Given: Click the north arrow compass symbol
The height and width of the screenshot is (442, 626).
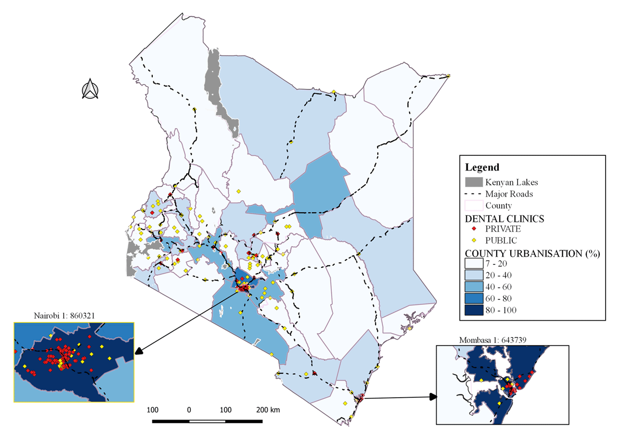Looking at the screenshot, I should tap(90, 89).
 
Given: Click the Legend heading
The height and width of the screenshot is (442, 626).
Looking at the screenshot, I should tap(482, 167).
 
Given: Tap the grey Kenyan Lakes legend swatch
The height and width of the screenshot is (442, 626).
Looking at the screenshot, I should tap(474, 182).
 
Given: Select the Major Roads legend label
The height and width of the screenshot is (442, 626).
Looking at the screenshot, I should tap(509, 194).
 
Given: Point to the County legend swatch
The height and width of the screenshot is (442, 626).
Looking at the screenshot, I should tap(474, 205).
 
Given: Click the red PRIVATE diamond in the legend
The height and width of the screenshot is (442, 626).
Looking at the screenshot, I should tap(474, 229).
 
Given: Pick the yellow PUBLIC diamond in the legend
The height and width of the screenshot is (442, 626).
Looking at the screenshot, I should tap(474, 240).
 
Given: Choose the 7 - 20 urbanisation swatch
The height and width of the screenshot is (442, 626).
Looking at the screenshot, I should tap(474, 264).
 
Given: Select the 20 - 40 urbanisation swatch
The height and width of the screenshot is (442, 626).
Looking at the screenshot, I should tap(474, 275).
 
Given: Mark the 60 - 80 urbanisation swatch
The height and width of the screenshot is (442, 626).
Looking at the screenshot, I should tap(474, 299).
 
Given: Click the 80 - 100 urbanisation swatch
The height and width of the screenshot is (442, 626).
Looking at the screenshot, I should tap(474, 310).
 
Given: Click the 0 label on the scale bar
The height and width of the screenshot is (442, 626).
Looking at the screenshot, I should tap(189, 410).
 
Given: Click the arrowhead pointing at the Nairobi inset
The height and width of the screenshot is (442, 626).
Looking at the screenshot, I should tap(138, 352).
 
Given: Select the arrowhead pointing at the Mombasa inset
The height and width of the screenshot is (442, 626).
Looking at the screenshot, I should tap(432, 397).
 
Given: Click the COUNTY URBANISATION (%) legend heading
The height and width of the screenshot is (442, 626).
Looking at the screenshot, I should tap(532, 253).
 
